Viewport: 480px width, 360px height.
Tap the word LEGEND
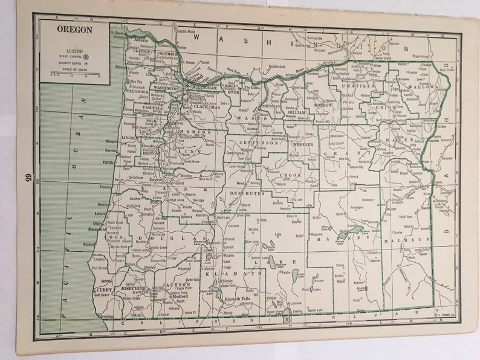76,51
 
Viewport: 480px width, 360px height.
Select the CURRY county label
103,291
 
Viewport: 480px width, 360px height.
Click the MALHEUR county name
408,239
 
